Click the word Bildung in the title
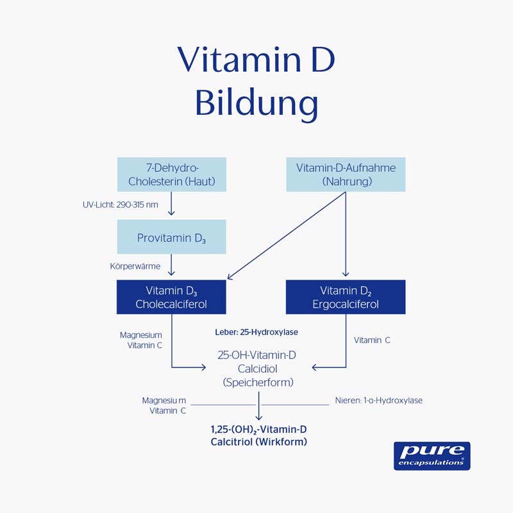click(x=256, y=103)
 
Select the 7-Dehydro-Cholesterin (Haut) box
click(x=171, y=174)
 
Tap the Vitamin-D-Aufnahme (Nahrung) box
click(x=346, y=174)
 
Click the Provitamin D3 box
click(x=171, y=237)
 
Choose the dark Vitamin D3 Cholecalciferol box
click(x=171, y=297)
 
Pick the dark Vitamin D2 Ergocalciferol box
click(x=346, y=297)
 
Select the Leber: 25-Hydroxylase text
click(x=256, y=333)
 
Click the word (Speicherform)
click(x=258, y=382)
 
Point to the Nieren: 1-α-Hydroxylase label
click(x=378, y=400)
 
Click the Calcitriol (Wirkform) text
click(x=258, y=442)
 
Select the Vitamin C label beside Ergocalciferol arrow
click(x=372, y=341)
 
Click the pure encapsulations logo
click(x=432, y=455)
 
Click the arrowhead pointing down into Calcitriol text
click(x=258, y=417)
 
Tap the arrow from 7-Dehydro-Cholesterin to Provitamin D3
click(x=171, y=205)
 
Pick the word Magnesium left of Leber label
click(x=141, y=335)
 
